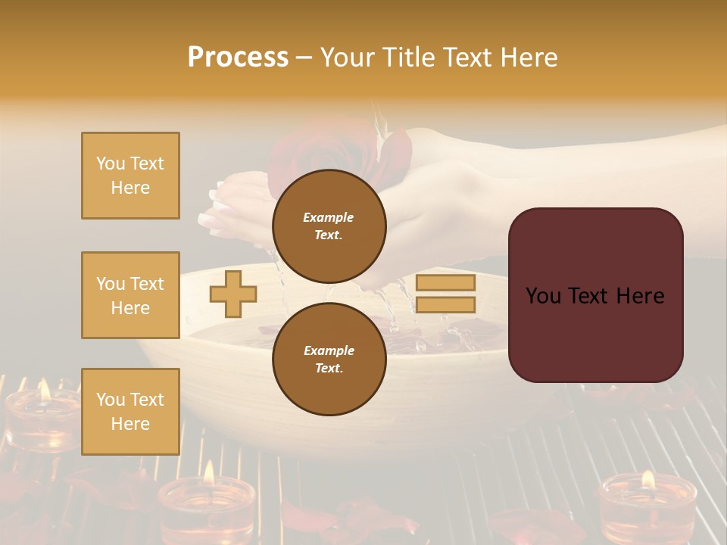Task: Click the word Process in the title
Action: [238, 58]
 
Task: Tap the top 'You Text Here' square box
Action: [130, 176]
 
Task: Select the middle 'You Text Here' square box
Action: [130, 295]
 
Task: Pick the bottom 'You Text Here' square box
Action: [130, 411]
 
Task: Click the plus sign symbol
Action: [233, 294]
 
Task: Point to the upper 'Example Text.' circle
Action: [329, 226]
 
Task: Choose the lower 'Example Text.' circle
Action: [329, 359]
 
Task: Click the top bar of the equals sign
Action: [446, 282]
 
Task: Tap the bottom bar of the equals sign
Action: [446, 304]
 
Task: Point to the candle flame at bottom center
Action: [208, 472]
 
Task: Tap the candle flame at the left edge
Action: [44, 390]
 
